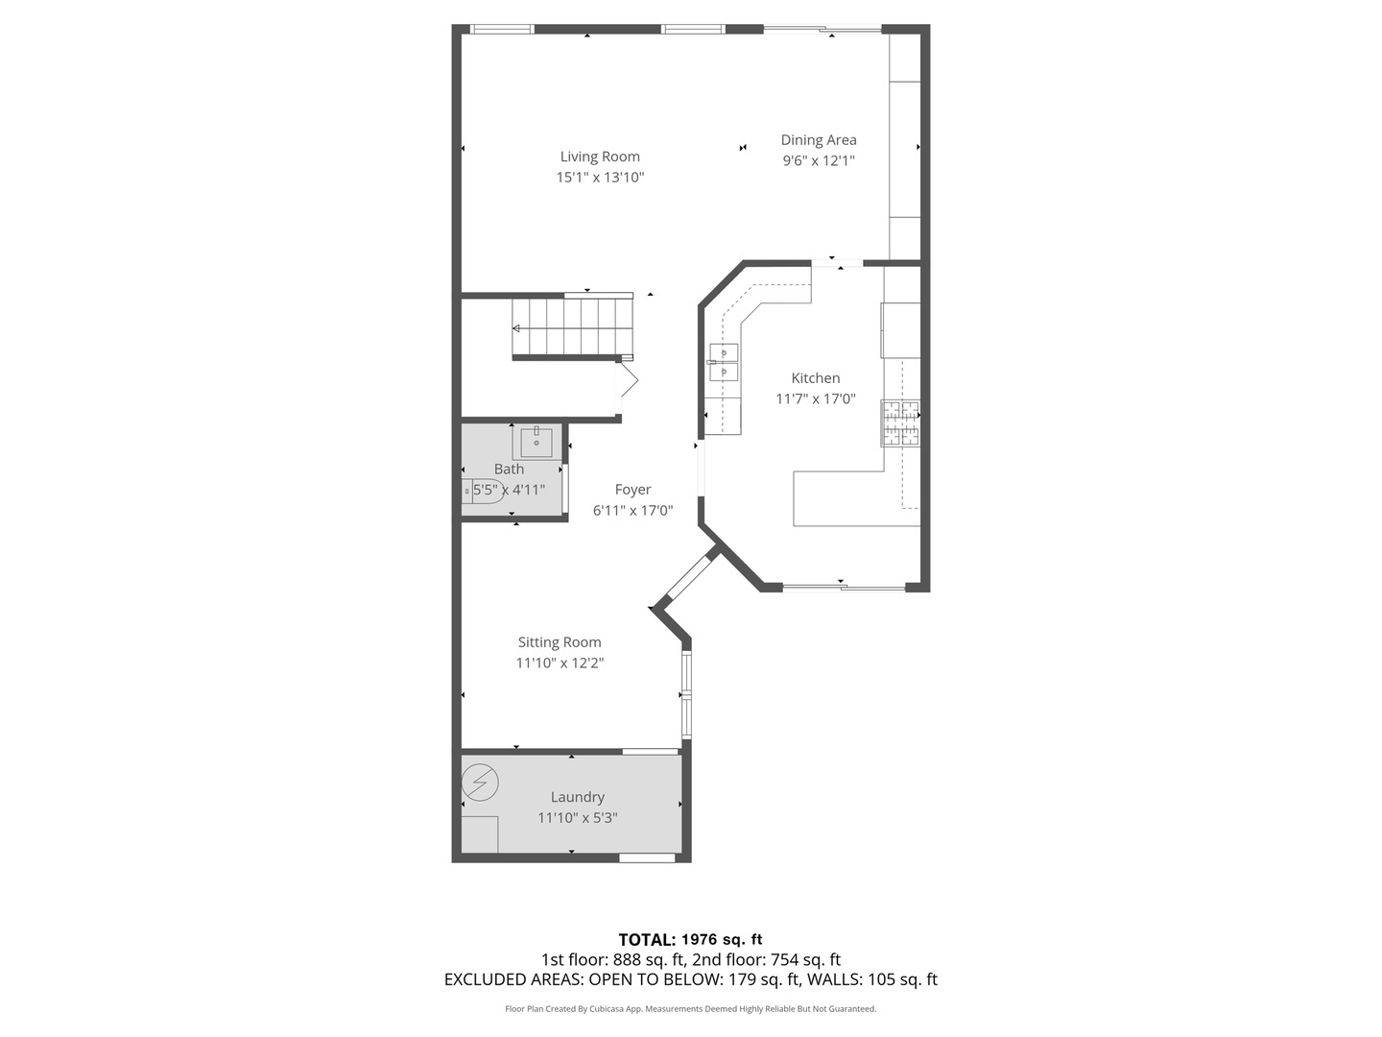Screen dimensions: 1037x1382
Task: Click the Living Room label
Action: [600, 157]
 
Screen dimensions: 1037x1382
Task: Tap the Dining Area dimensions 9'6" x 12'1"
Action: [818, 161]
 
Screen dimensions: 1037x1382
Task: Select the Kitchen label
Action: [815, 378]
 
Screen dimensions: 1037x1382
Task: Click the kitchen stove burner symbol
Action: [900, 423]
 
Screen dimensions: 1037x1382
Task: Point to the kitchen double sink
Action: [724, 361]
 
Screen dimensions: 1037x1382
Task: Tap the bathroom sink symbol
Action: [536, 443]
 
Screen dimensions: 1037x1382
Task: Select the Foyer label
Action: [632, 490]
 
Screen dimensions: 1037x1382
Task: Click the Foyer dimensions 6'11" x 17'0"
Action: [632, 511]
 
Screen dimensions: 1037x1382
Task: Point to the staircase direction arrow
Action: [517, 328]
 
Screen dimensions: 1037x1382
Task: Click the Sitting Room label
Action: [560, 642]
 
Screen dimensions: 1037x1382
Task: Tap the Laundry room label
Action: [577, 797]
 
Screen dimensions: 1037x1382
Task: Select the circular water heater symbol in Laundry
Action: [480, 783]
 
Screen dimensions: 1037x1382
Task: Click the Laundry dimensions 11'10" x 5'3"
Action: [577, 818]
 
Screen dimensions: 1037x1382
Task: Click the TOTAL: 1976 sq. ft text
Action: [690, 939]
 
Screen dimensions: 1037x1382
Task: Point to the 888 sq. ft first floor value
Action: [649, 959]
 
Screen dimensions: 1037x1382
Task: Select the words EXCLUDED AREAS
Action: [513, 979]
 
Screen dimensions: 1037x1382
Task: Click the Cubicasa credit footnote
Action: [690, 1009]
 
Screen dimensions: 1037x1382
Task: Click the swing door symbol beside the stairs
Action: [627, 380]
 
